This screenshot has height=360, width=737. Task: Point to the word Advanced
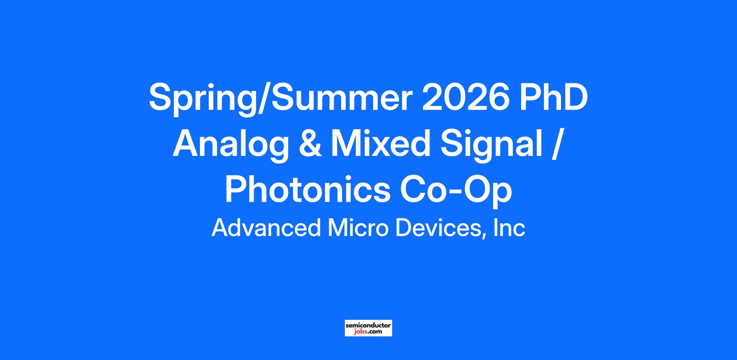click(x=266, y=228)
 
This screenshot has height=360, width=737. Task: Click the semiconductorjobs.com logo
click(x=368, y=328)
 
